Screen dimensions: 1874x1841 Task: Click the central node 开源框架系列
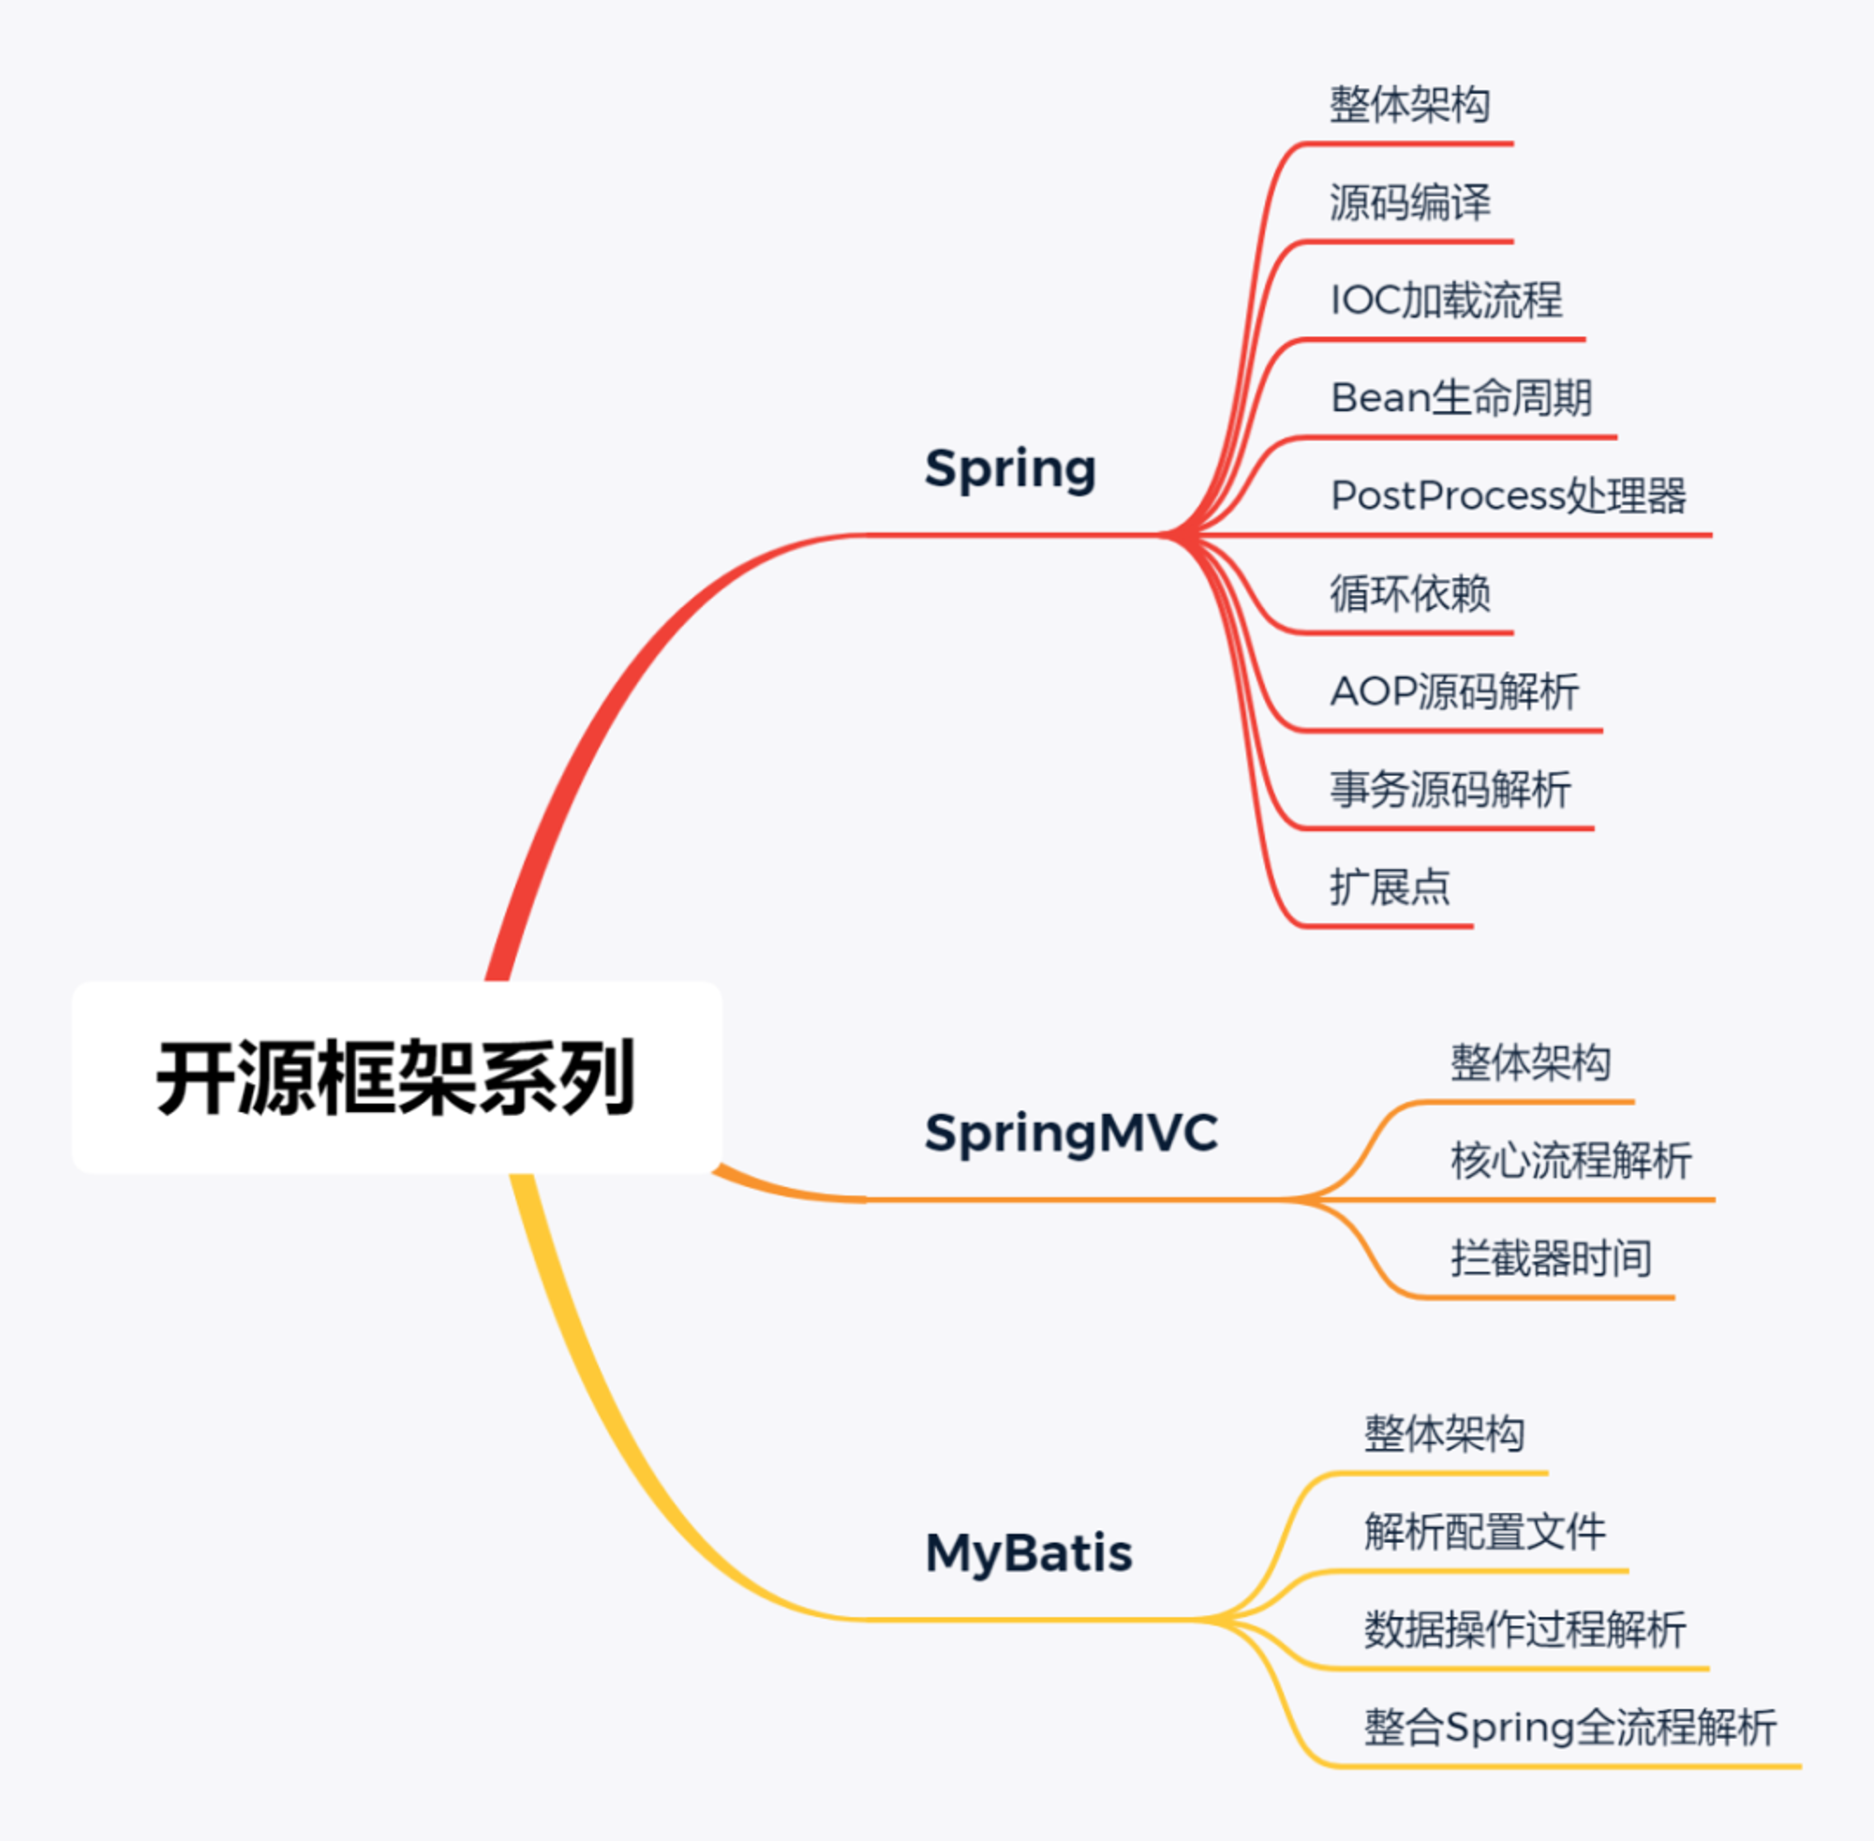(395, 1077)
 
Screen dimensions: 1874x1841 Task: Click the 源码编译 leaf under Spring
(1410, 202)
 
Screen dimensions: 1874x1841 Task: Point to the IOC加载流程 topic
(1447, 300)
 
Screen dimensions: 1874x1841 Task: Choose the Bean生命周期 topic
(1461, 397)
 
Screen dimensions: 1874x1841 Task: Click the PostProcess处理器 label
(1509, 495)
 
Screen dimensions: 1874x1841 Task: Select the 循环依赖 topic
(1410, 593)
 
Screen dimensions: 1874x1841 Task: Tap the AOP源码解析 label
(1454, 691)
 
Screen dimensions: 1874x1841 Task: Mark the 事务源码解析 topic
(1450, 789)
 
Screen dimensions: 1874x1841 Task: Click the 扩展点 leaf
(1390, 886)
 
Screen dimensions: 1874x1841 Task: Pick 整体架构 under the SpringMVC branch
(1531, 1062)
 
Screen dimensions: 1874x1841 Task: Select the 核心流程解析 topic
(1571, 1160)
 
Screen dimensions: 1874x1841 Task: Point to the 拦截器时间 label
(1551, 1258)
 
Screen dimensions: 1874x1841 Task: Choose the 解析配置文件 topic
(1485, 1532)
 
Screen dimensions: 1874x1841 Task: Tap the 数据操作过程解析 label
(1525, 1629)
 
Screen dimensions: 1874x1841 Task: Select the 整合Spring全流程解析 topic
(1570, 1728)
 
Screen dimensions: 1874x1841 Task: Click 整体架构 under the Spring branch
(1410, 104)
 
